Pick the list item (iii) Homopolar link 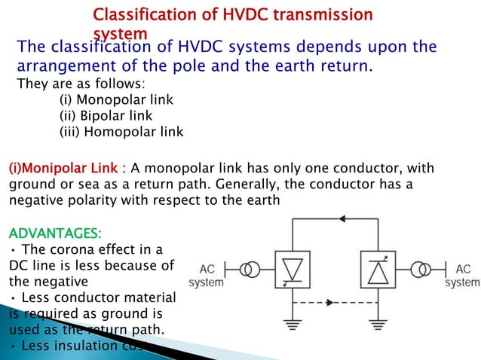click(121, 132)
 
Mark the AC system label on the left click(207, 276)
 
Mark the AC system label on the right click(461, 276)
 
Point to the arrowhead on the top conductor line click(344, 218)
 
